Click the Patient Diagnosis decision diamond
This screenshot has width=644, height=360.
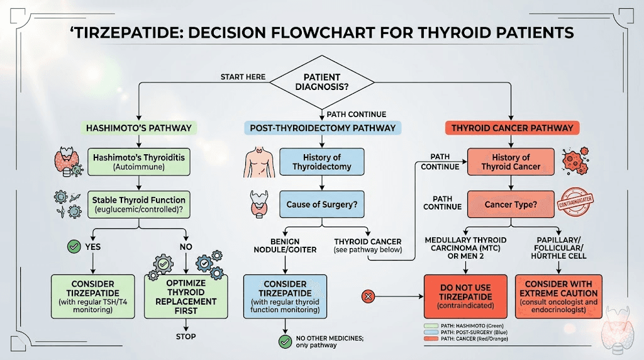pos(322,82)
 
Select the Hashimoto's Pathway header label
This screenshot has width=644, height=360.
pos(138,128)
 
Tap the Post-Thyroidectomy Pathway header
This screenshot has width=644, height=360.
pos(323,128)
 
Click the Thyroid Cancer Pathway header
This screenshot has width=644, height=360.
pos(512,128)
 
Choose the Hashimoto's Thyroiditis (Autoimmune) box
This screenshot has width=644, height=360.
pos(138,162)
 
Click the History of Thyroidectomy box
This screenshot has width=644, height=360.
pos(322,162)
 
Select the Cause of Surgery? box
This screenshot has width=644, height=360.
pos(322,205)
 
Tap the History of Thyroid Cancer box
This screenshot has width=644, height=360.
pos(511,162)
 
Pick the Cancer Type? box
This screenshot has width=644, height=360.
pos(511,205)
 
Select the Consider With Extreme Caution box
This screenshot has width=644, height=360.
pos(558,293)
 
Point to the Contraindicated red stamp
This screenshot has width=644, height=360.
pos(575,203)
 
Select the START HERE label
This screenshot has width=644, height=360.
pos(243,77)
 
